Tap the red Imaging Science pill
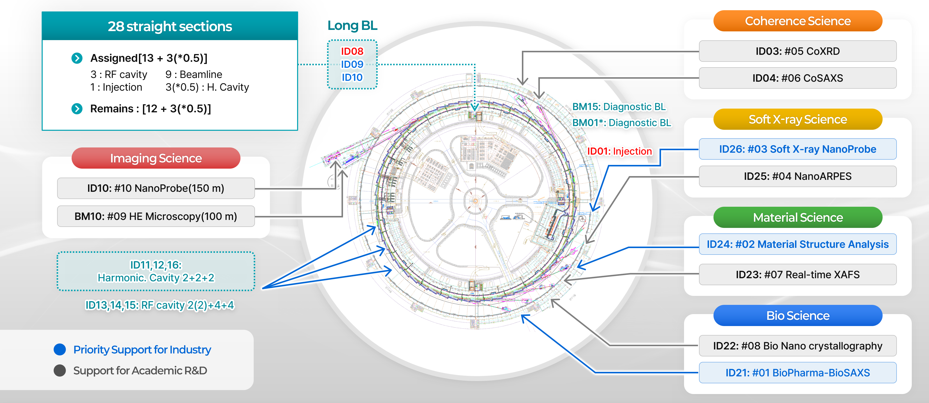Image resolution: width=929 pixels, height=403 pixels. tap(156, 158)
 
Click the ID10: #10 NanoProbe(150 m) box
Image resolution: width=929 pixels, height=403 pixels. tap(156, 188)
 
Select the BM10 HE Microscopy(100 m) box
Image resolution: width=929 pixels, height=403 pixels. tap(156, 216)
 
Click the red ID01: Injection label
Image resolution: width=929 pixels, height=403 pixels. tap(619, 151)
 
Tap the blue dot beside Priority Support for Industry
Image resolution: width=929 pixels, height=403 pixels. tap(60, 349)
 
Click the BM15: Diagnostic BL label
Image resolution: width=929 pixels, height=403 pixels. tap(619, 107)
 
